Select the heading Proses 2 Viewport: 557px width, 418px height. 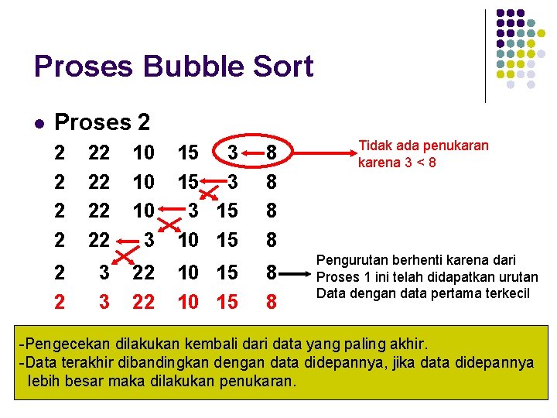(x=102, y=122)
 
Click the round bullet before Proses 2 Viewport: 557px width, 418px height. (x=39, y=123)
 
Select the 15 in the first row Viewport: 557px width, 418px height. (x=188, y=152)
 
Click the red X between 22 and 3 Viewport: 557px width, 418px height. (x=121, y=252)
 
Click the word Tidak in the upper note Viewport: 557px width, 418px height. (x=374, y=146)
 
